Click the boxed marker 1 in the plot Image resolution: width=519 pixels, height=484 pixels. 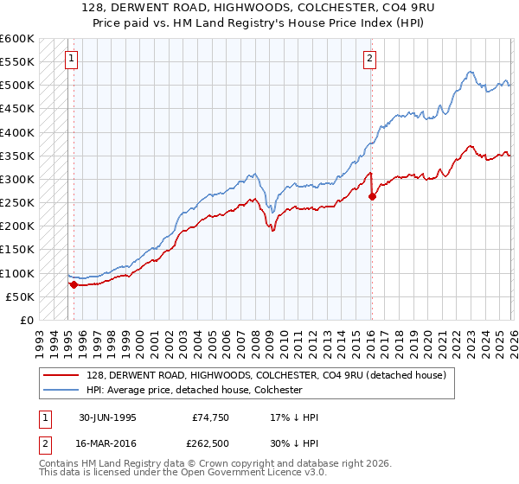click(x=70, y=59)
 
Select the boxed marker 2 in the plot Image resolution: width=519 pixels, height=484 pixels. click(x=369, y=59)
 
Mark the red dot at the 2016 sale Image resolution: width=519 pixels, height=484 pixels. click(x=372, y=196)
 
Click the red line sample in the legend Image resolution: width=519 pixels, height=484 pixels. click(x=61, y=375)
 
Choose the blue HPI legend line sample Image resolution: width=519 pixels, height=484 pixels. click(x=61, y=390)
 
